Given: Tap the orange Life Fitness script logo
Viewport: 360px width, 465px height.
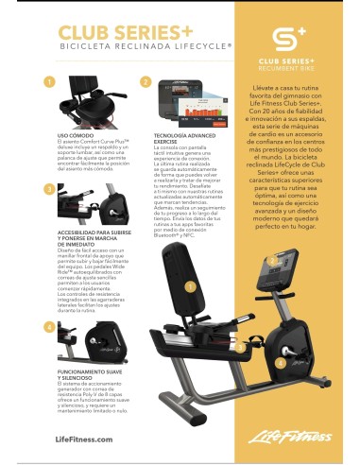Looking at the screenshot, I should tap(294, 437).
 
